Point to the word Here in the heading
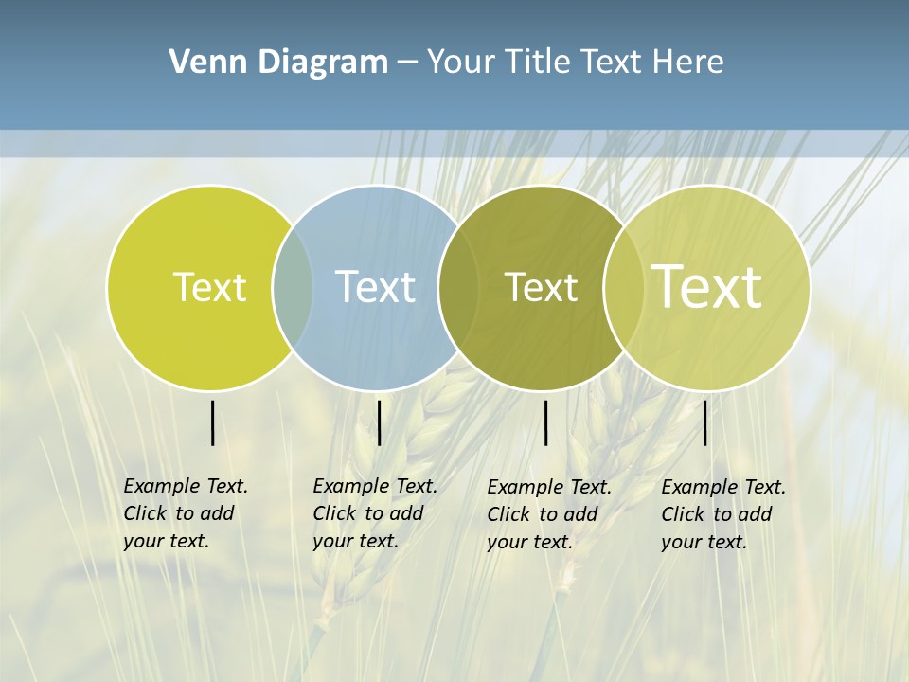click(688, 62)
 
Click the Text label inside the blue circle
click(375, 287)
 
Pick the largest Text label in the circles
click(707, 286)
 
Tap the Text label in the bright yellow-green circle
click(209, 287)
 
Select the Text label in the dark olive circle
click(541, 287)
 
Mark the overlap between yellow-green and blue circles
click(293, 287)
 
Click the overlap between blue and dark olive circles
click(456, 287)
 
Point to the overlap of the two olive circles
click(623, 287)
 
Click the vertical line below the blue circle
click(379, 422)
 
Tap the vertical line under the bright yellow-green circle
click(212, 422)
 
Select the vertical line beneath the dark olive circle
click(545, 422)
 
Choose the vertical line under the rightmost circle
click(704, 422)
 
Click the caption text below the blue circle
click(375, 513)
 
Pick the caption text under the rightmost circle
click(723, 514)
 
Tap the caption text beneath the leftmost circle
click(186, 513)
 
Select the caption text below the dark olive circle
click(549, 514)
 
